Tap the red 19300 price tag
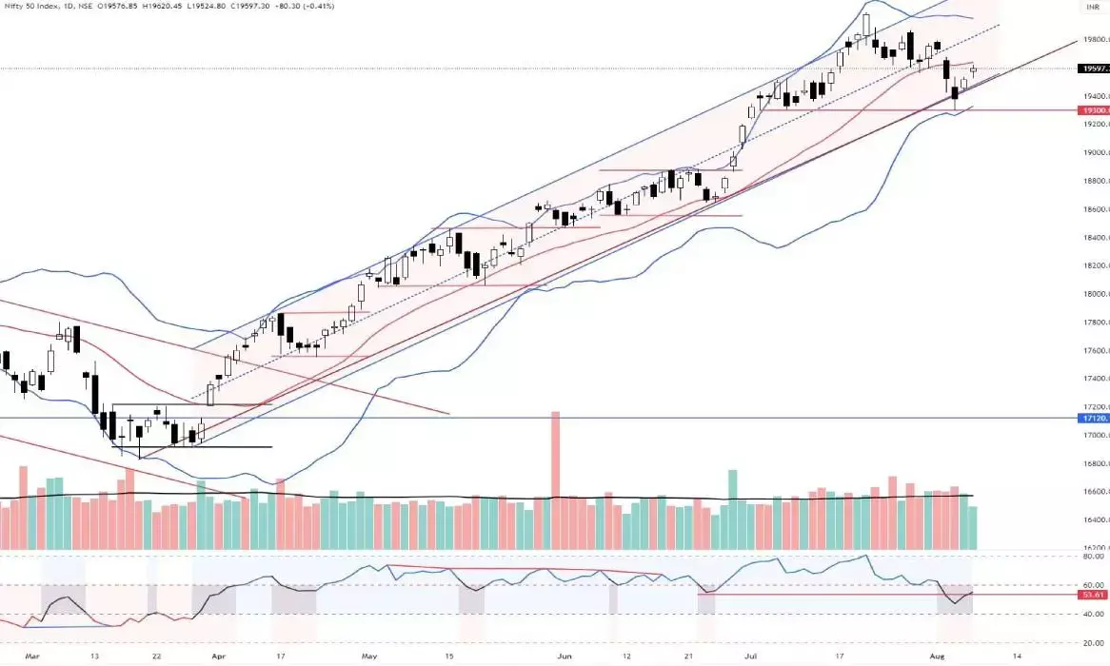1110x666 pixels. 1092,111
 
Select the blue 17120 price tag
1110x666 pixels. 1092,418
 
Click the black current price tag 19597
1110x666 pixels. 1092,69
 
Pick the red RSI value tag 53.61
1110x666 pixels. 1093,595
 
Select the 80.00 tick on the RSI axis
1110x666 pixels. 1093,558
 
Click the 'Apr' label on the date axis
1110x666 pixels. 218,656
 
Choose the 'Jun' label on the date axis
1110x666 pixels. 566,656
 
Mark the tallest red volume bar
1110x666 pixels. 555,480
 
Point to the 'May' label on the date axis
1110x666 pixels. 369,656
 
